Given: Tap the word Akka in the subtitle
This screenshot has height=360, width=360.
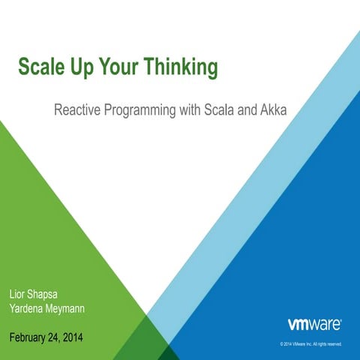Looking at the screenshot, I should pos(274,111).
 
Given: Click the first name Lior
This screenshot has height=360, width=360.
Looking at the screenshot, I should pos(19,292).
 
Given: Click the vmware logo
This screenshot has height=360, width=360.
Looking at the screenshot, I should pos(314,325).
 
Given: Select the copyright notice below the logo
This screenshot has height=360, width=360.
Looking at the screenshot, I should pos(310,344).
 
